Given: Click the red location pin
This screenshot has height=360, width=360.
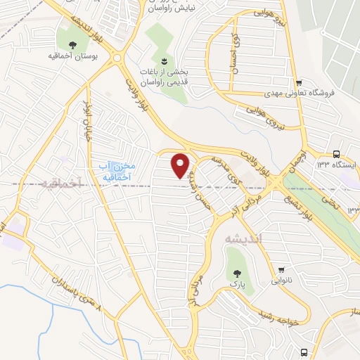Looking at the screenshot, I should (181, 165).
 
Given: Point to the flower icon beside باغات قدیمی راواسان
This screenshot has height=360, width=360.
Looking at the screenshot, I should (164, 61).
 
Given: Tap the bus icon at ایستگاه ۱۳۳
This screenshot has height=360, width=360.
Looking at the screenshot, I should (336, 154).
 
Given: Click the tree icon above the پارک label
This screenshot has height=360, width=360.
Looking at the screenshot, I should (234, 270).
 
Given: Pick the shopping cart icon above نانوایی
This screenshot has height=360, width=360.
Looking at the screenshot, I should (282, 269).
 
